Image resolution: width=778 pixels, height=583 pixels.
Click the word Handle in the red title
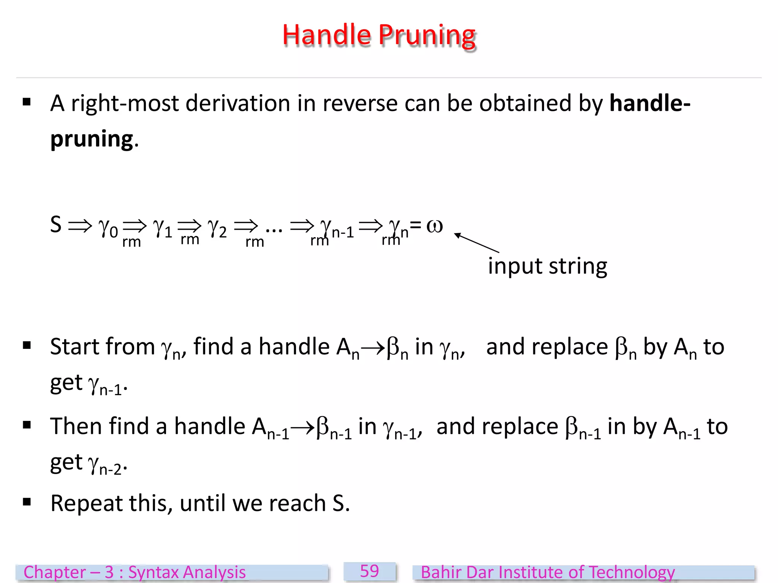pos(326,35)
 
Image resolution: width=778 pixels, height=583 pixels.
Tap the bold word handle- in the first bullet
pos(650,103)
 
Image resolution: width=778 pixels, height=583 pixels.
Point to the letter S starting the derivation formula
pos(56,224)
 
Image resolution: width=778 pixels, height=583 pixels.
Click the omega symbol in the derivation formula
pos(435,226)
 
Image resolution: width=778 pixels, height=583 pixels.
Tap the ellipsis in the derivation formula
pos(274,228)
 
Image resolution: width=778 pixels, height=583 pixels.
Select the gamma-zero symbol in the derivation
pos(108,228)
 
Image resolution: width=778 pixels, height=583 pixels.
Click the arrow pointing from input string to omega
pos(477,243)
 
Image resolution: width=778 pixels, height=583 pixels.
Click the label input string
pos(547,266)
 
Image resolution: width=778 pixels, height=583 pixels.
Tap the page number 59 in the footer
pos(369,571)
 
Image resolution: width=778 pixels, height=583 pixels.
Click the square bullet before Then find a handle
pos(27,425)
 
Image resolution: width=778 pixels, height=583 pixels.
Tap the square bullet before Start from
pos(27,345)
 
